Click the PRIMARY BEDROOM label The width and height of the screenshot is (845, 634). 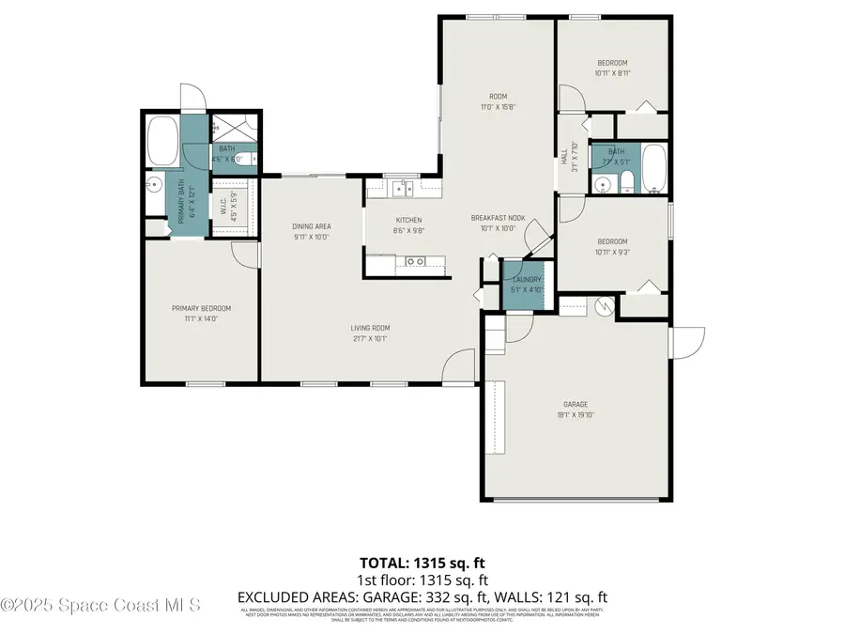[x=201, y=308]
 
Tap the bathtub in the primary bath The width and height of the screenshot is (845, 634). [x=163, y=139]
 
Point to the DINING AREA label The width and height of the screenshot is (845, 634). [x=312, y=226]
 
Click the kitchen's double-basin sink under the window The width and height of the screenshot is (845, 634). [x=403, y=189]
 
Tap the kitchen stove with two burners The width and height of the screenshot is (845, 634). [x=414, y=261]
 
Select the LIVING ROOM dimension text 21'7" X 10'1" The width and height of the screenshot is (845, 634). [x=370, y=338]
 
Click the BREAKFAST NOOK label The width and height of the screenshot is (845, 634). [x=498, y=218]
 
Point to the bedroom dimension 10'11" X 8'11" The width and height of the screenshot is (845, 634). [x=611, y=72]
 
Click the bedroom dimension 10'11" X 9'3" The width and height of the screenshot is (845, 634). [x=611, y=252]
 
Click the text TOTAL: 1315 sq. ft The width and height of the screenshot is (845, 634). [x=422, y=564]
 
